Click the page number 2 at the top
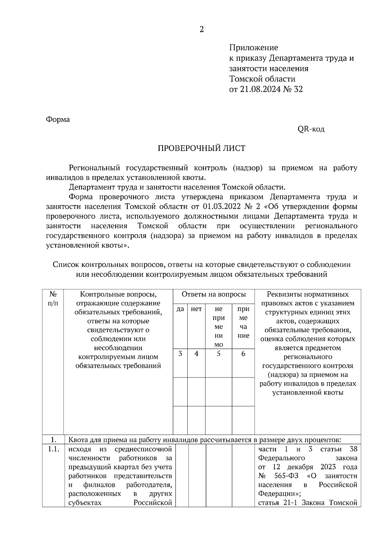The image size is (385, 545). click(x=201, y=30)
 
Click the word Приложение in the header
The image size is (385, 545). click(x=253, y=48)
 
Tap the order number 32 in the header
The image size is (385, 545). click(x=298, y=89)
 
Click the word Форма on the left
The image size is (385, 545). click(x=58, y=119)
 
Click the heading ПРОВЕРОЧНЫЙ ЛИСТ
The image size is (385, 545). click(x=201, y=148)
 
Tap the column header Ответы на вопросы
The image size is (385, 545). click(x=214, y=294)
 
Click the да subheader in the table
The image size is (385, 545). click(x=180, y=309)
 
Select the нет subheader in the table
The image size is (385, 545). click(x=196, y=309)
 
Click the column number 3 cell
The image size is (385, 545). click(x=180, y=354)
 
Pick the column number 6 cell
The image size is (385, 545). click(x=243, y=354)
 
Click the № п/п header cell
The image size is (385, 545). click(x=53, y=298)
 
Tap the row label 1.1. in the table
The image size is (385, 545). click(x=53, y=449)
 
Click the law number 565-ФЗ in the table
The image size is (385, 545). click(x=286, y=476)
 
